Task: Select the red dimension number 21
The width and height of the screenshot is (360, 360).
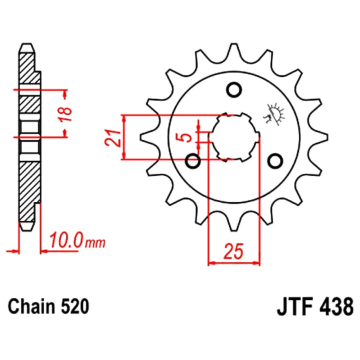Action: tap(113, 138)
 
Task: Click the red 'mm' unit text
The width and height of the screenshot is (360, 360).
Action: tap(95, 243)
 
